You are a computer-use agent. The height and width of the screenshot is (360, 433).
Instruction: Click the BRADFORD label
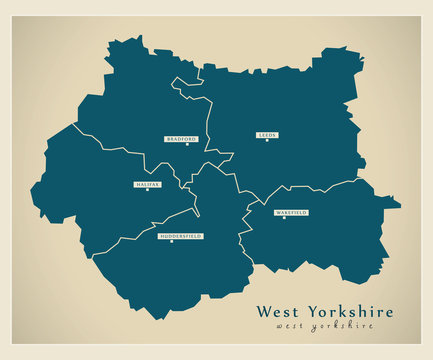182,139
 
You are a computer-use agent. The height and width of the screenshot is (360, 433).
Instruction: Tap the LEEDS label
267,134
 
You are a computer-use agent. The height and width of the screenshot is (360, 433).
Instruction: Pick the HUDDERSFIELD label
180,235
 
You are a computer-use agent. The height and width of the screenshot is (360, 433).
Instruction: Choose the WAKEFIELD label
292,213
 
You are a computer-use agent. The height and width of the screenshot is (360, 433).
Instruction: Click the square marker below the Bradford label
182,146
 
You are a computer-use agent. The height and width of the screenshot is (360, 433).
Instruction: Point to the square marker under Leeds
267,141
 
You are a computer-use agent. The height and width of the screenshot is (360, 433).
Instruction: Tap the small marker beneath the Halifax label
147,191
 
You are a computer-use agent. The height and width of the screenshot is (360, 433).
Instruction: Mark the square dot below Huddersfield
180,242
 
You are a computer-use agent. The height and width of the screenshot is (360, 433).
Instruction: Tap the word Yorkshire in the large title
349,311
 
